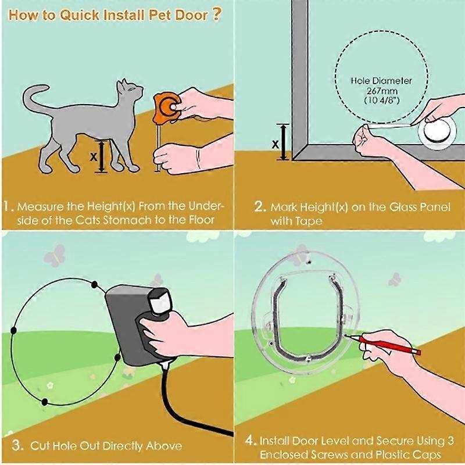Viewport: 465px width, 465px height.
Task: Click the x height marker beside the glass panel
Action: [274, 143]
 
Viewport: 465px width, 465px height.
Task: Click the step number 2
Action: [260, 206]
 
